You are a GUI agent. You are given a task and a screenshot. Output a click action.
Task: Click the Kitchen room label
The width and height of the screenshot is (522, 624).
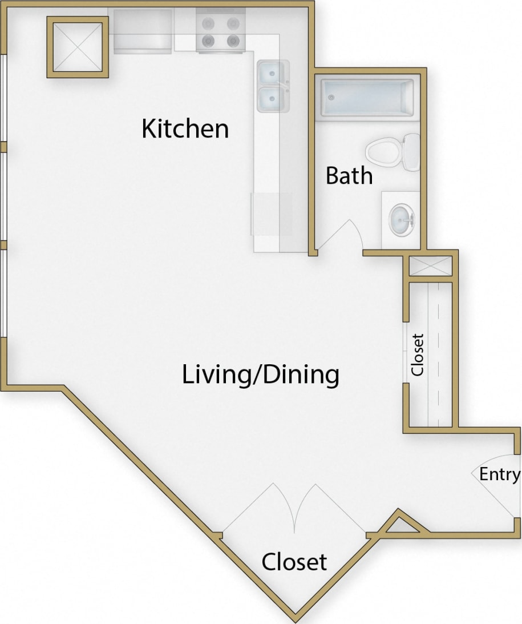tap(185, 128)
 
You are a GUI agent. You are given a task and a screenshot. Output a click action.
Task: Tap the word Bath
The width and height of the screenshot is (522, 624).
tap(349, 175)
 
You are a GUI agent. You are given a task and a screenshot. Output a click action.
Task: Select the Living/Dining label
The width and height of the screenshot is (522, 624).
tap(261, 375)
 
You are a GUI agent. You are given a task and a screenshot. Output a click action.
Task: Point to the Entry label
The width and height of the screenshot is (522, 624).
tap(499, 474)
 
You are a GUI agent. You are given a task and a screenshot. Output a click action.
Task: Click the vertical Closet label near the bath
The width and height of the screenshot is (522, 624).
tap(418, 355)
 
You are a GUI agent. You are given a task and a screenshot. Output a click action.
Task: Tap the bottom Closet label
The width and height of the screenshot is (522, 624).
tap(294, 562)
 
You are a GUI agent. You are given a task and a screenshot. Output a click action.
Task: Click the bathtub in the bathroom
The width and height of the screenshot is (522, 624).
tap(367, 98)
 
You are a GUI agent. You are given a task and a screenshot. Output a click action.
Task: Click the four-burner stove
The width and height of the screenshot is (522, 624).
tap(221, 32)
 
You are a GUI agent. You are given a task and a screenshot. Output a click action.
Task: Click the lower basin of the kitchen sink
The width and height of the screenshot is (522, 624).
tap(270, 99)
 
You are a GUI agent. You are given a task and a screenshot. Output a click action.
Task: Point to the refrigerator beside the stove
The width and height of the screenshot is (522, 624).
tap(143, 31)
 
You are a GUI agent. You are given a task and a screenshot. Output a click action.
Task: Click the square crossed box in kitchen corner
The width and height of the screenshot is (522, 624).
tap(78, 47)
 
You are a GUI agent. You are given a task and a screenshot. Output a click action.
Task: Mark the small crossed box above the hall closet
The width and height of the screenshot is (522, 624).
tap(431, 267)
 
